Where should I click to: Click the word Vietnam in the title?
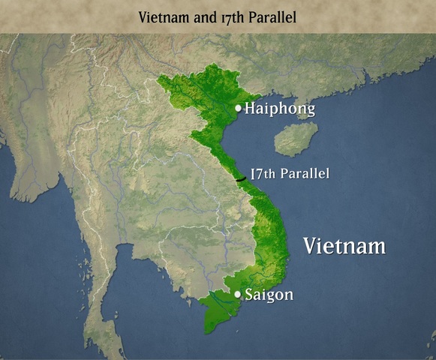click(x=162, y=16)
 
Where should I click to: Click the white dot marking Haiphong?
click(x=238, y=108)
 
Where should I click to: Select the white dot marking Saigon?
click(x=238, y=294)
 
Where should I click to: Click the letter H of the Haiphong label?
click(x=251, y=109)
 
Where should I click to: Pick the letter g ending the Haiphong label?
click(x=309, y=112)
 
